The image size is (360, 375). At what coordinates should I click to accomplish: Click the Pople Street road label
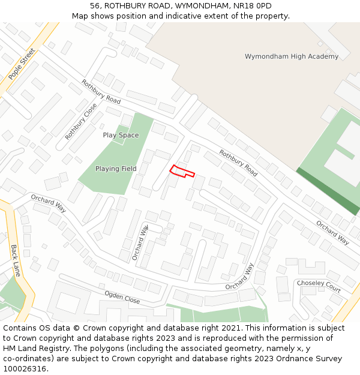[x=22, y=64]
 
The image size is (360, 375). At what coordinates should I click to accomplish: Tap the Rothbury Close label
[x=81, y=121]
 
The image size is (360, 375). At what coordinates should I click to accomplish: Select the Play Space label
[x=121, y=135]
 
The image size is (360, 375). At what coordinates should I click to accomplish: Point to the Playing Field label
[x=116, y=169]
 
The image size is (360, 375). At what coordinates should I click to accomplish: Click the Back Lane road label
[x=16, y=260]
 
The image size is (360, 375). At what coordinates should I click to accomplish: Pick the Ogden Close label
[x=122, y=296]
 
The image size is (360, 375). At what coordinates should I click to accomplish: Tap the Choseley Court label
[x=319, y=286]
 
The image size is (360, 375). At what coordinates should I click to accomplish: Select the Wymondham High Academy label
[x=292, y=56]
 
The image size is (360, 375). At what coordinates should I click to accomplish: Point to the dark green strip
[x=327, y=191]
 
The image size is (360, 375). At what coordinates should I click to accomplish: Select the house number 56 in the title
[x=95, y=6]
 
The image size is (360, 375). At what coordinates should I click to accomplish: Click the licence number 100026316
[x=25, y=369]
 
